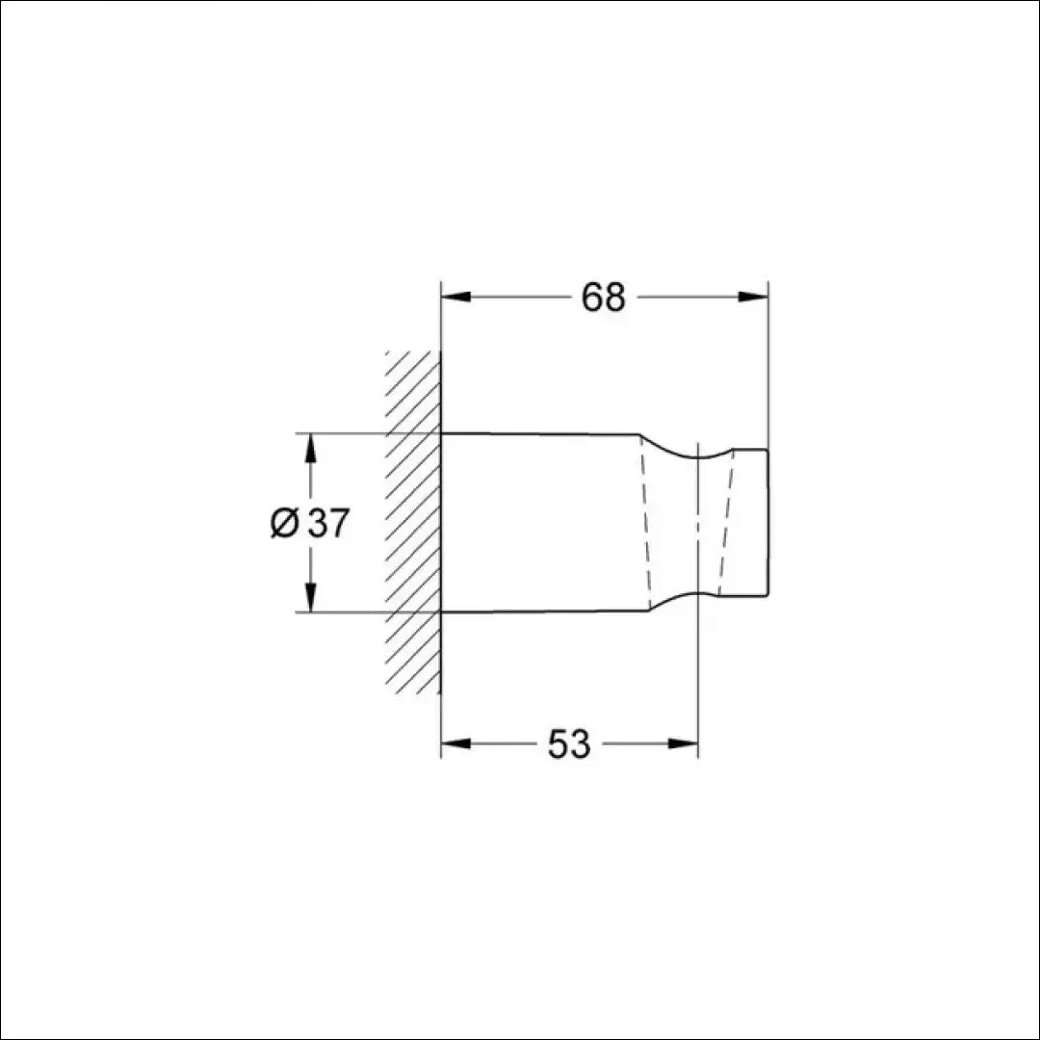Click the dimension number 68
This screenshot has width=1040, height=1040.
(x=603, y=298)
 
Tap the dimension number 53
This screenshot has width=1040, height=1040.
(x=568, y=744)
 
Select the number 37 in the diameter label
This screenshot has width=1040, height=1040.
(x=327, y=523)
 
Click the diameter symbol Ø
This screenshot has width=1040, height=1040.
(x=284, y=523)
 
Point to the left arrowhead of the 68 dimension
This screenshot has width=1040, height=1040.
(x=455, y=297)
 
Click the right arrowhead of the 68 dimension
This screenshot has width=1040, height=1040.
(x=753, y=297)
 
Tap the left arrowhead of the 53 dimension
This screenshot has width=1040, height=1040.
(x=455, y=743)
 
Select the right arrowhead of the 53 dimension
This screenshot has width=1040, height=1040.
(x=683, y=743)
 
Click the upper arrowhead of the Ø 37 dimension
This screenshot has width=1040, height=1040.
(x=310, y=448)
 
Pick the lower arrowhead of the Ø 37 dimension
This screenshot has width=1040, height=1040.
(x=310, y=597)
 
